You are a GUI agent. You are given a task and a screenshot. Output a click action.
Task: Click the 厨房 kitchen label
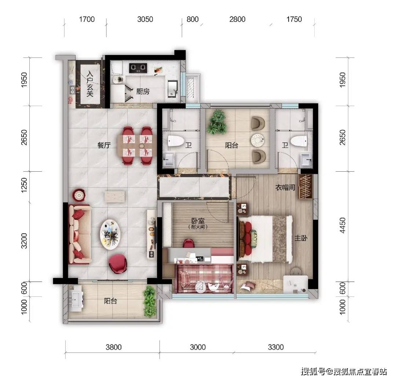click(x=143, y=92)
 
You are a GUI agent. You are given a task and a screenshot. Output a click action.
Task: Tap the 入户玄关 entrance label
click(x=89, y=84)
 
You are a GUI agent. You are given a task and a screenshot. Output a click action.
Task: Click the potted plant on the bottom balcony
click(x=150, y=301)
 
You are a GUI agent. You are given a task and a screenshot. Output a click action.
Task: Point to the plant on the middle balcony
click(x=217, y=123)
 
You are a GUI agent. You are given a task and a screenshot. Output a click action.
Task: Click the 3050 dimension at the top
click(x=145, y=19)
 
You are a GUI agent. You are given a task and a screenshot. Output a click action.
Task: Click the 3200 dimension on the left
click(x=25, y=241)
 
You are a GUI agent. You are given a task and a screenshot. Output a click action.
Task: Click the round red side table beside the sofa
click(x=79, y=194)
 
